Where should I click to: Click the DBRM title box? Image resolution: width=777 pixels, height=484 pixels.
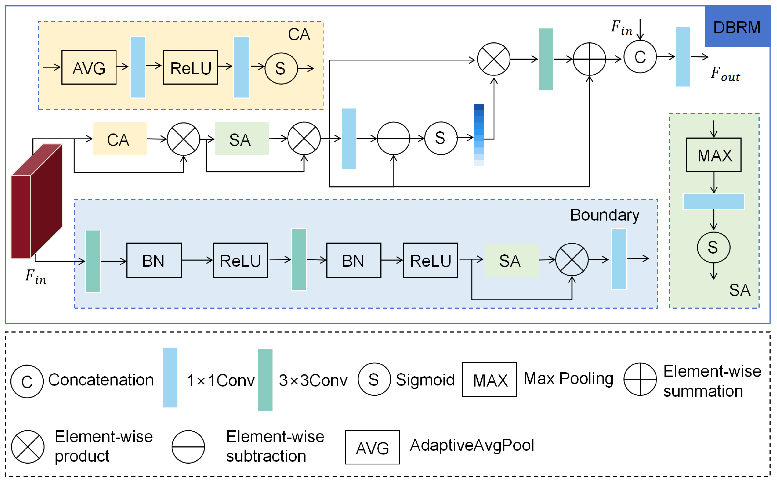(737, 27)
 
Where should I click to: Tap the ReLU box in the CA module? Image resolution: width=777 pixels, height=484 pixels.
(190, 68)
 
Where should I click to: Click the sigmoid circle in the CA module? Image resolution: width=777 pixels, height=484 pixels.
(281, 68)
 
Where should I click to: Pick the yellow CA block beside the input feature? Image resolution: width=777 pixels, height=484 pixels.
(120, 139)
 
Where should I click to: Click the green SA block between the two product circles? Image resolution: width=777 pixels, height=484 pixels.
(242, 139)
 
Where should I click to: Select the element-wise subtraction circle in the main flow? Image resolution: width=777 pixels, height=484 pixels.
(393, 138)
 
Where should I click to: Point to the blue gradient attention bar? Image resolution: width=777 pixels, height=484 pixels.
(479, 135)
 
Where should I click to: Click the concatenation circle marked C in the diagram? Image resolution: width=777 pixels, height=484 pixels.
(640, 57)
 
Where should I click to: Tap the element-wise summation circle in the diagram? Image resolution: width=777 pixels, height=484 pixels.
(589, 59)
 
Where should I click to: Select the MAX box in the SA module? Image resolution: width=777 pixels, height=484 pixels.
(714, 155)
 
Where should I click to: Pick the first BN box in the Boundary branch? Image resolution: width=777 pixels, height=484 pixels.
(154, 260)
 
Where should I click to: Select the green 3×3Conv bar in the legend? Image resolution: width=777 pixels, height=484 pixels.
(265, 380)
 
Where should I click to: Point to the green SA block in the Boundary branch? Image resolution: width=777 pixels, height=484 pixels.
(511, 260)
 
